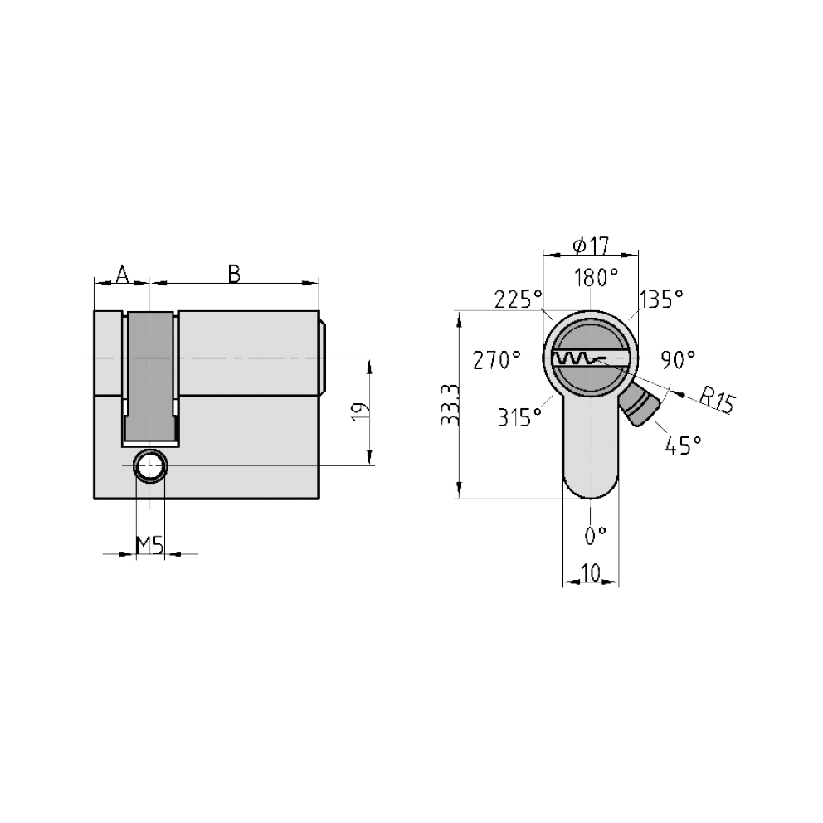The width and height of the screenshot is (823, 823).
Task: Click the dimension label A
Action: tap(122, 274)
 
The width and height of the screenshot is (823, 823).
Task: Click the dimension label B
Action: tap(234, 274)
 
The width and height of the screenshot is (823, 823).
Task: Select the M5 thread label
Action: tap(150, 545)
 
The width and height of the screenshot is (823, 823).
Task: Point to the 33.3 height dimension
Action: tap(450, 404)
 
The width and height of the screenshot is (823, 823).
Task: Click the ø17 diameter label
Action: tap(592, 245)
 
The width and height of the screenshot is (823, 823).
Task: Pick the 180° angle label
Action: tap(596, 277)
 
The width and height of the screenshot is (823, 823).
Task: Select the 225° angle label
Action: tap(519, 299)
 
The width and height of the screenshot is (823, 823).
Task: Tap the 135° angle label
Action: tap(661, 299)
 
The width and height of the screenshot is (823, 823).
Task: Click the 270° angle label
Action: tap(496, 361)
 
